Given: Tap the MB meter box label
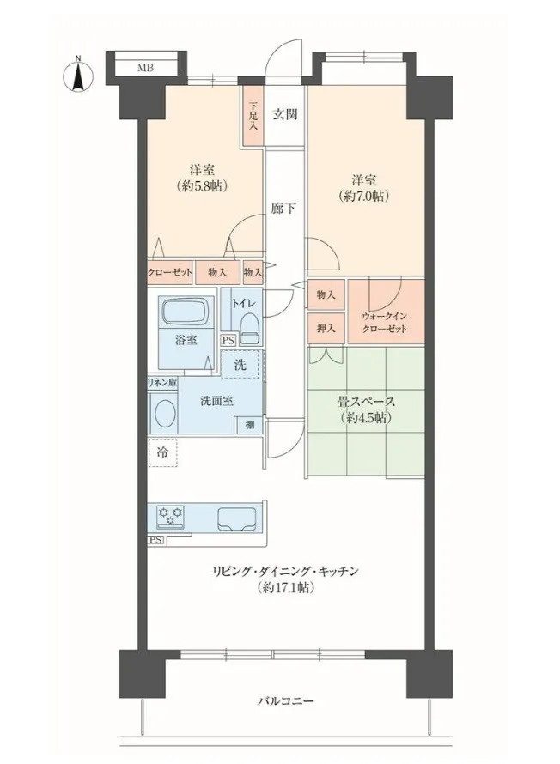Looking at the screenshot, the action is point(145,68).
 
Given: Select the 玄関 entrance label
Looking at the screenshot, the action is point(284,114).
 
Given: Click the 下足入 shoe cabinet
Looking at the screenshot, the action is point(253,116).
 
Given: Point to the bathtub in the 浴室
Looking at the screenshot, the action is point(186,311).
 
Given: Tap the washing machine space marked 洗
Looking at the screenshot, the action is point(240,364).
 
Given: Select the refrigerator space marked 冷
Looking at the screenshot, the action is point(163,452).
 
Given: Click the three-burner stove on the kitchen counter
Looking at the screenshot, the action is point(171,516).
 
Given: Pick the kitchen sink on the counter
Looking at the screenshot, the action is point(237,518).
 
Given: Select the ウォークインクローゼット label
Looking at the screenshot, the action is point(385,323).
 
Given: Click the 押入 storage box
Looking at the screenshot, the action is point(326,329).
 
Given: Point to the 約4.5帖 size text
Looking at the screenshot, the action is point(366,418).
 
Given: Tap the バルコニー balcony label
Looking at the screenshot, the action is point(286,701).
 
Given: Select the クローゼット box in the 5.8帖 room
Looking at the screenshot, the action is point(170,272).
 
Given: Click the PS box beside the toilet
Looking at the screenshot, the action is point(228,341).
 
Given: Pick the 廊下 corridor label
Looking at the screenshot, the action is point(283,209).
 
